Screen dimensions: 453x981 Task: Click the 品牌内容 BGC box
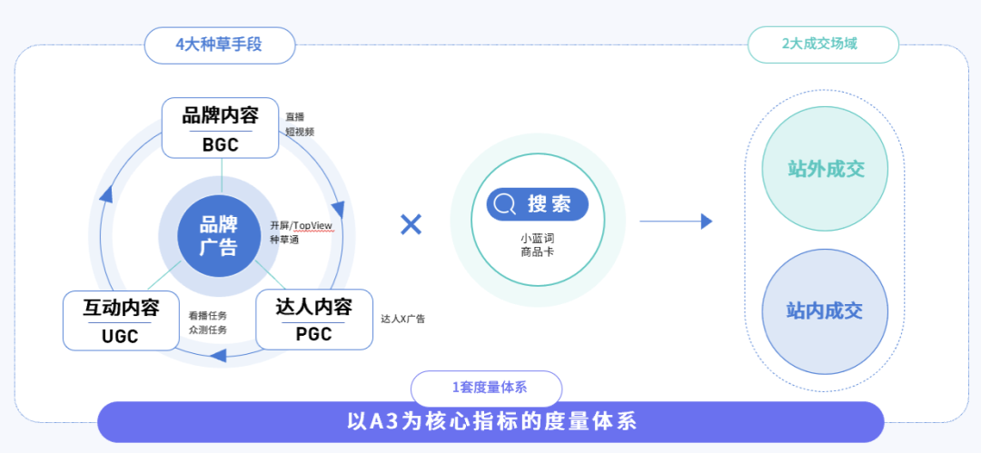tap(220, 128)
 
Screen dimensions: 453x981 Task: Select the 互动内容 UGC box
tap(121, 320)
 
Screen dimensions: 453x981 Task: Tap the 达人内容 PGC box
tap(314, 320)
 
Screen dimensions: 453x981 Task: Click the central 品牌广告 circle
tap(219, 234)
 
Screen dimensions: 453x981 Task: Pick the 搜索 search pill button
tap(538, 204)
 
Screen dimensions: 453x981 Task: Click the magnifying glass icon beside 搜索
tap(506, 204)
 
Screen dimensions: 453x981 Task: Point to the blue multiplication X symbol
tap(411, 223)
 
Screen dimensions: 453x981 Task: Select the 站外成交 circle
tap(825, 169)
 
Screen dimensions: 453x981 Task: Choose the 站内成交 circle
tap(825, 311)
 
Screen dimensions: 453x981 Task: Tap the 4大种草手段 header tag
tap(219, 44)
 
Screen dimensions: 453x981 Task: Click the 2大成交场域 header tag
tap(823, 44)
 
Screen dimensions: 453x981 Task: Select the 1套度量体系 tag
tap(490, 388)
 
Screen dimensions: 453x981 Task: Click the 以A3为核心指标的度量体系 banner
tap(491, 422)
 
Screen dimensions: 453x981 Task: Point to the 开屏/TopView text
tap(302, 225)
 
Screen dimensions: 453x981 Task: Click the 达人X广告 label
tap(402, 319)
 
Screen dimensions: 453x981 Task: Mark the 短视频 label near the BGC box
tap(299, 132)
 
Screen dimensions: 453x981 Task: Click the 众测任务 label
tap(207, 330)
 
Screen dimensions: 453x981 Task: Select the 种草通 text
tap(284, 240)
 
